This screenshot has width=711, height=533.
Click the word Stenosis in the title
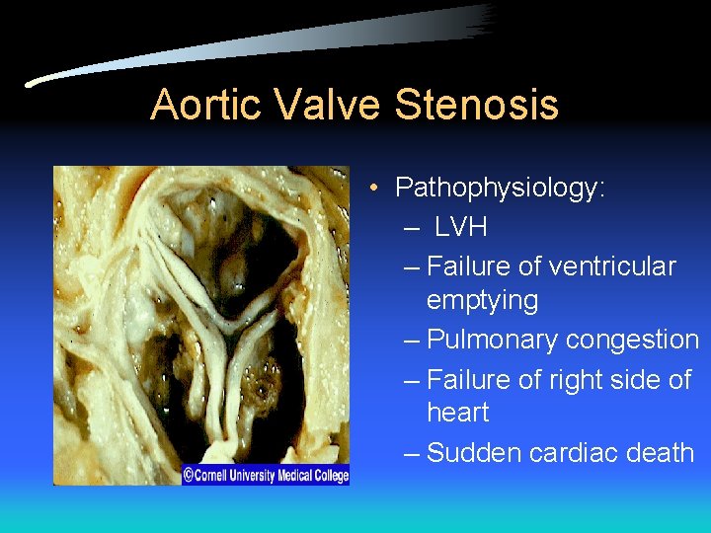[477, 105]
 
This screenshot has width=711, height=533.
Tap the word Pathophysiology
[500, 188]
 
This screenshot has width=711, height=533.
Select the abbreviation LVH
[461, 227]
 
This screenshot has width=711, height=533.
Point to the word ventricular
[611, 266]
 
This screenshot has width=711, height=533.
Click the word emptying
[482, 300]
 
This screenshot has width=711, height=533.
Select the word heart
[458, 412]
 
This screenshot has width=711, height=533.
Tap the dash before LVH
[413, 228]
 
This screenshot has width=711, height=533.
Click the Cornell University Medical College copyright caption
[265, 475]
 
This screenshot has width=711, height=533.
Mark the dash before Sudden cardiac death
[413, 454]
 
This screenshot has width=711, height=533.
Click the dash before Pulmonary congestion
[413, 341]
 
